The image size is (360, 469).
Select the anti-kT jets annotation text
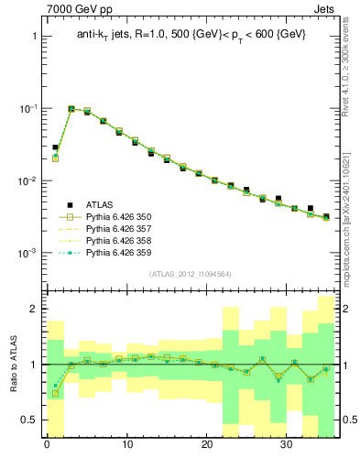[x=191, y=35]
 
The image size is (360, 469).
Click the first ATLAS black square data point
[x=55, y=147]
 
